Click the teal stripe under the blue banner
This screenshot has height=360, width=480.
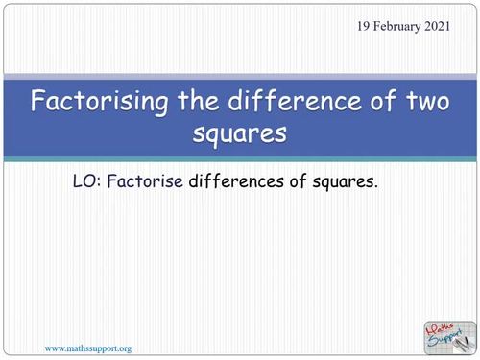240,157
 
